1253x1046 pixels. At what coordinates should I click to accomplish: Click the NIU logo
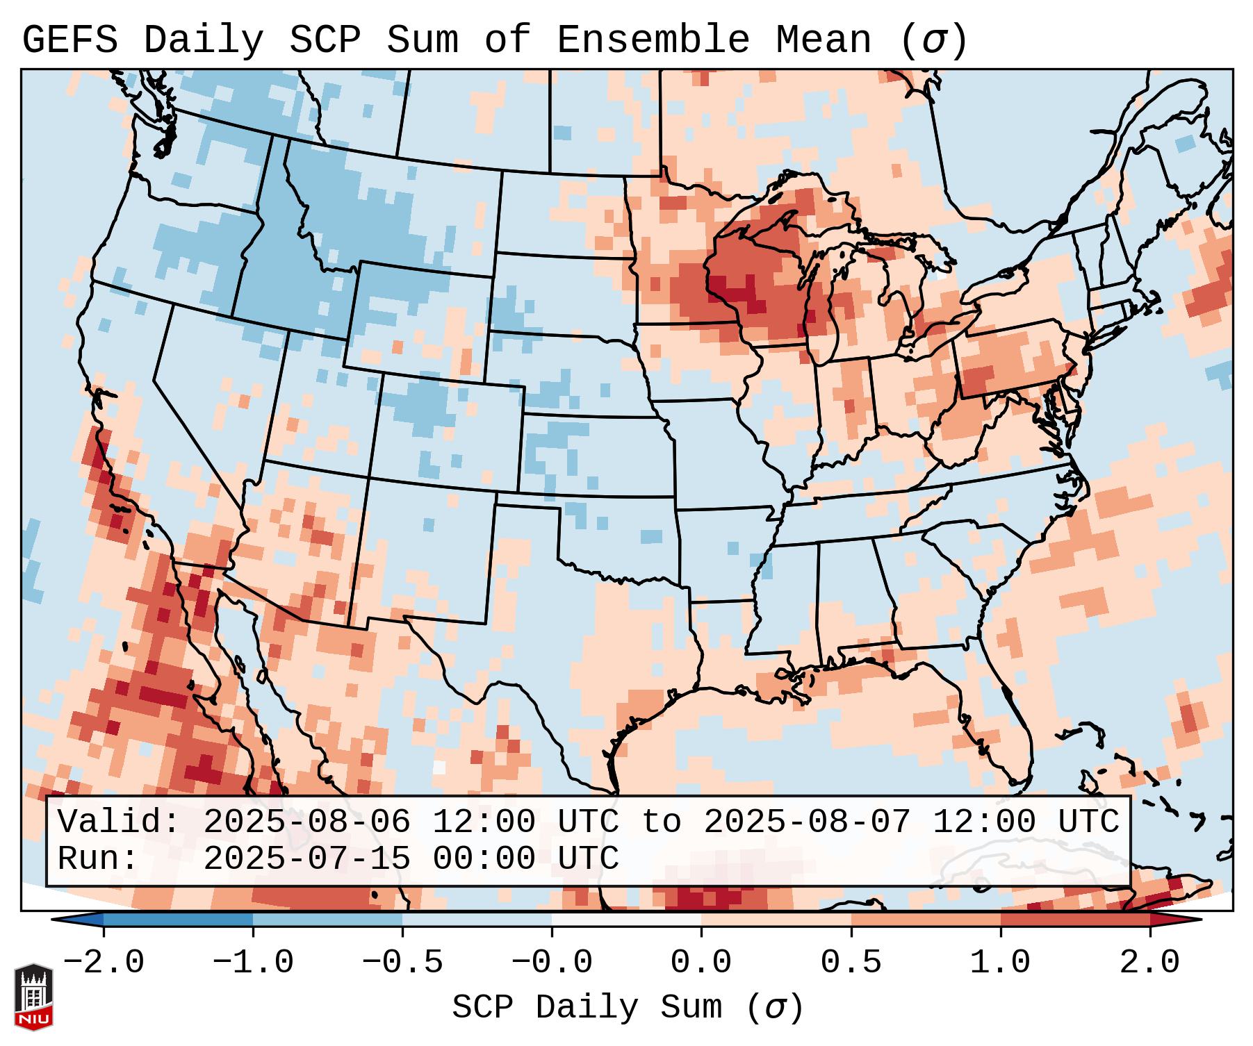pos(33,996)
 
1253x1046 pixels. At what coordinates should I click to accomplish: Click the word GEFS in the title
pos(69,40)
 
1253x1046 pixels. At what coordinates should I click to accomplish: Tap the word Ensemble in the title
pos(653,40)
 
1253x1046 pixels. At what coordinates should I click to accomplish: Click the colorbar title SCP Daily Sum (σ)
pos(628,1008)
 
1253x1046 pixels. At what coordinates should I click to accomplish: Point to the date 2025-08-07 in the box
pos(807,822)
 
